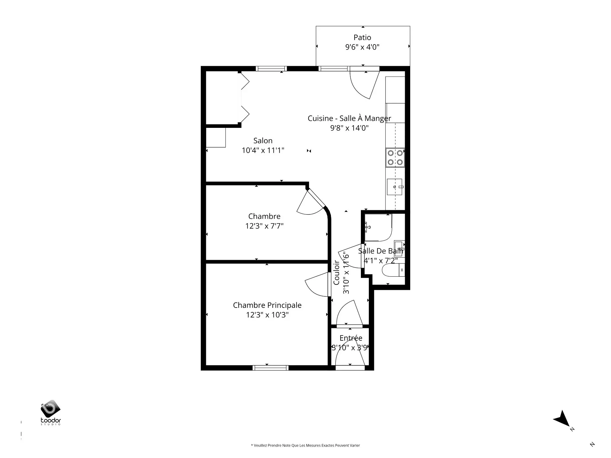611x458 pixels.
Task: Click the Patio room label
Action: (362, 38)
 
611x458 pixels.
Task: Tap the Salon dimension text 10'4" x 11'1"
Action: (263, 150)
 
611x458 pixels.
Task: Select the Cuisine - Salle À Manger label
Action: (349, 118)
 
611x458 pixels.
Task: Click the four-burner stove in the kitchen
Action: (395, 157)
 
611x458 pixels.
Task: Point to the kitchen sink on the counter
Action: (395, 187)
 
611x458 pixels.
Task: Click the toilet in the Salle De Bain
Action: (393, 270)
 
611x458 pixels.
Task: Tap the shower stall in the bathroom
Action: (378, 227)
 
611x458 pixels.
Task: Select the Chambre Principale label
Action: (267, 305)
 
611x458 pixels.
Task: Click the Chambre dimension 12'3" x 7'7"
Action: (264, 226)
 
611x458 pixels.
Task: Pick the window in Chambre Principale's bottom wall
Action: (270, 368)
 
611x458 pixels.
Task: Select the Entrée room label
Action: (351, 338)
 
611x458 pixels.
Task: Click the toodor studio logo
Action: (51, 413)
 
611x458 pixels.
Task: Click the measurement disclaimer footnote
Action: (305, 445)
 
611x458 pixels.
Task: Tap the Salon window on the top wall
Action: (271, 68)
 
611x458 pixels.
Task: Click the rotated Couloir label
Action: (336, 273)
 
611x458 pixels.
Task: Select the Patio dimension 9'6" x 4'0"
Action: (362, 47)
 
